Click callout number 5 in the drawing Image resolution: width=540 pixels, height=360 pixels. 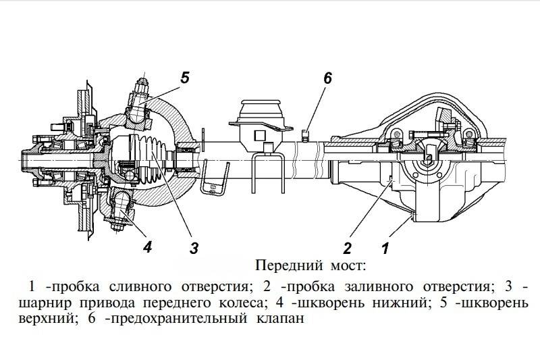pos(185,77)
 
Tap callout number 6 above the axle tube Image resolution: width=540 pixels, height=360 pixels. pos(328,77)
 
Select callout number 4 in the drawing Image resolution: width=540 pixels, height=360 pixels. pos(147,247)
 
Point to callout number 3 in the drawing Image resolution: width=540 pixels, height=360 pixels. pos(194,247)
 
